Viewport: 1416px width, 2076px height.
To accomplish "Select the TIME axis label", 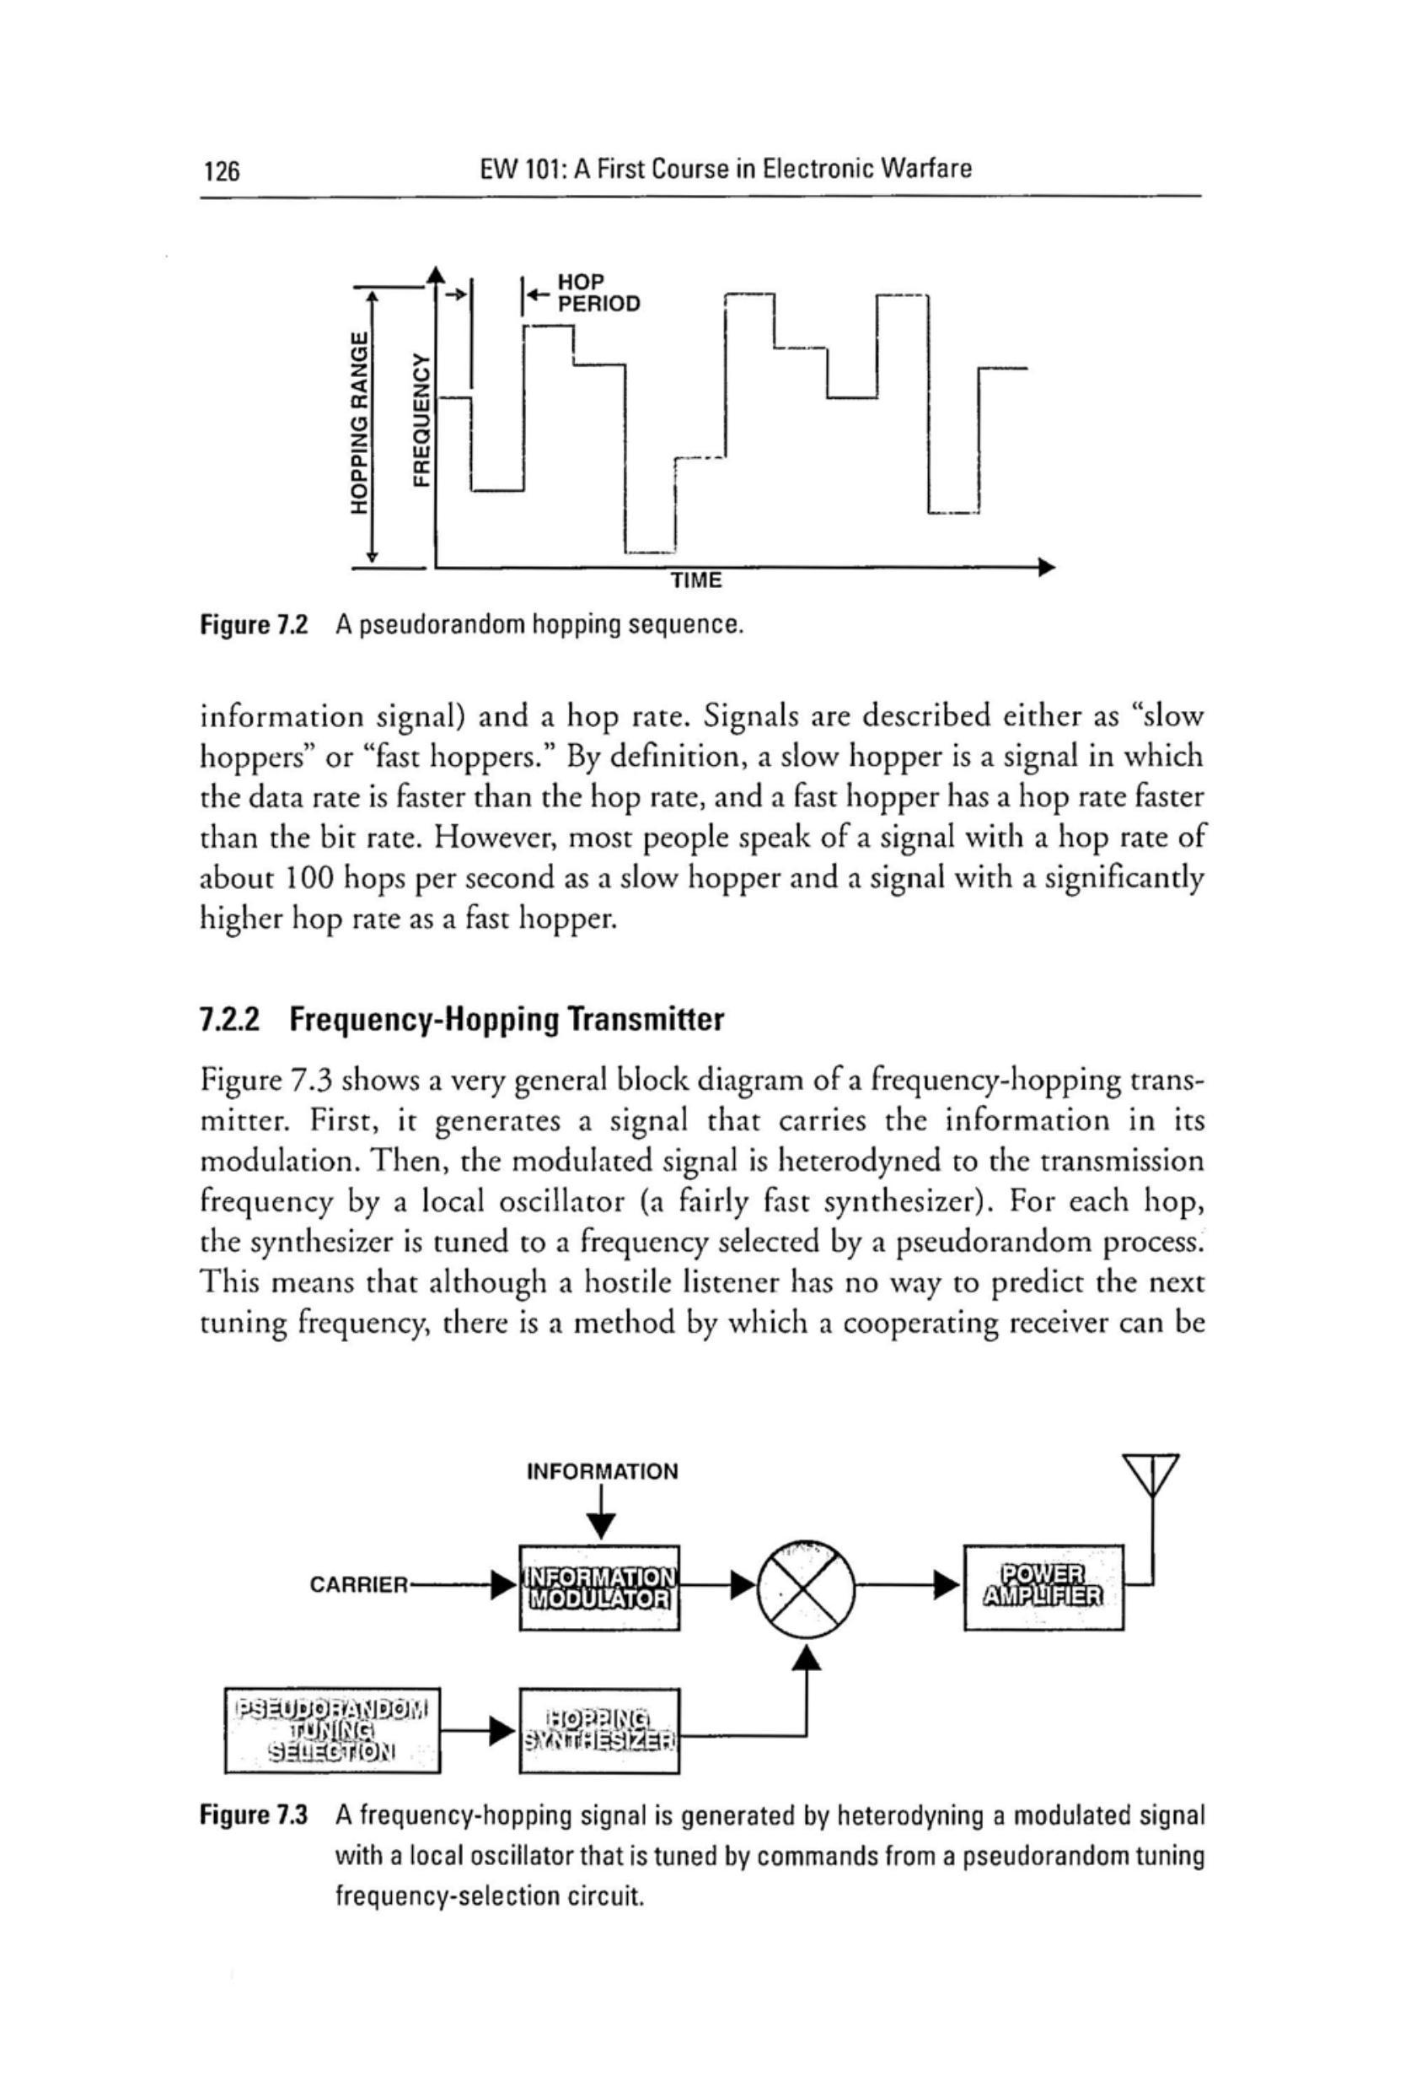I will click(x=696, y=580).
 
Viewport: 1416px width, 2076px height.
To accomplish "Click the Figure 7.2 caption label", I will click(x=254, y=624).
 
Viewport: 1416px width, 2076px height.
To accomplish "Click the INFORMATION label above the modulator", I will click(x=603, y=1471).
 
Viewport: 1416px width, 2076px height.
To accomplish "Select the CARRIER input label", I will click(x=358, y=1586).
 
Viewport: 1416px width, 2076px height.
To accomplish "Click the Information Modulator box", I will click(x=599, y=1587).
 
